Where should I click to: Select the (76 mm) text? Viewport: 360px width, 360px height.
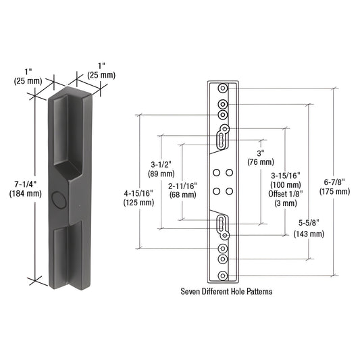pos(260,162)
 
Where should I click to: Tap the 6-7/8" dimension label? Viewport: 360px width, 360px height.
pos(338,181)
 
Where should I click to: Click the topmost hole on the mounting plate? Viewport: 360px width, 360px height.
pos(223,88)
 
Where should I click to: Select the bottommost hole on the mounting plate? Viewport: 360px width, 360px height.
pos(223,275)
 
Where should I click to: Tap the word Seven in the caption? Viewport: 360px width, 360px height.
pos(192,293)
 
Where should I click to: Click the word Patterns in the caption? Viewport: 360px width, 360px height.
pos(265,293)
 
